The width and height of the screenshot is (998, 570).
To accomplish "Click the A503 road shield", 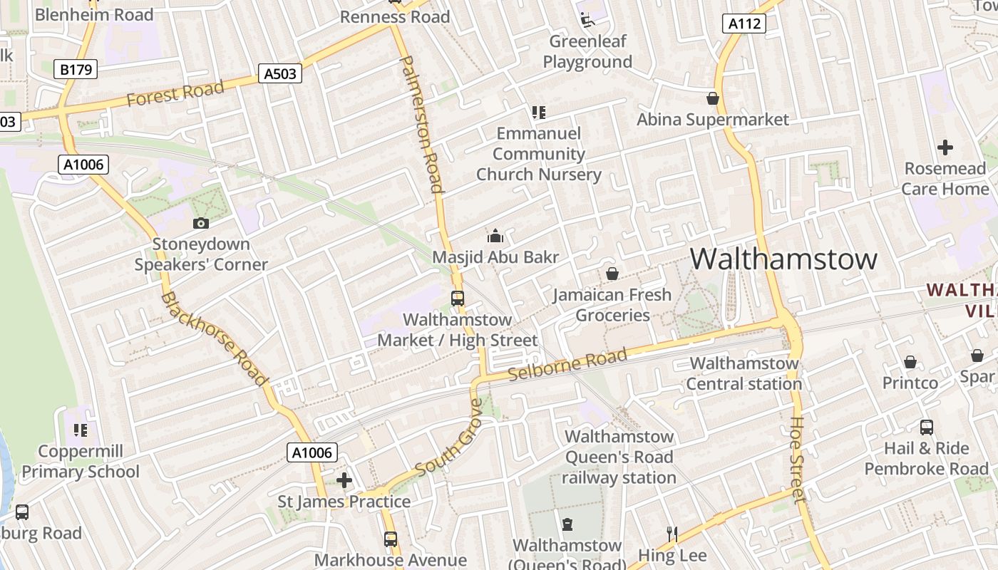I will click(279, 73).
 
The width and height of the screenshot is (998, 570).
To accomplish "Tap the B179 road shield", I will click(76, 69).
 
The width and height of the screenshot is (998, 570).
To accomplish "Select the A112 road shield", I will click(744, 24).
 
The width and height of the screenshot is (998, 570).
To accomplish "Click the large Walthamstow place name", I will click(783, 258).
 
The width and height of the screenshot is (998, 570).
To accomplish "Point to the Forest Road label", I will click(175, 93).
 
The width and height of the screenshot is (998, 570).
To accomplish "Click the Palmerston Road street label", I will click(423, 125).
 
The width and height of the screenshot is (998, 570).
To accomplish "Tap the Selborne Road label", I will click(568, 365).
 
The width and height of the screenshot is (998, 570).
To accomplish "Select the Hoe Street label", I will click(798, 460).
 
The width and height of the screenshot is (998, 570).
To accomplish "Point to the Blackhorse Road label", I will click(215, 338).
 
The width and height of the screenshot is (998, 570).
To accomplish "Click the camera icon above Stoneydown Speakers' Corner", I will click(201, 223).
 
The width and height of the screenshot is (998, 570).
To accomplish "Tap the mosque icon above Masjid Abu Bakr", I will click(495, 236).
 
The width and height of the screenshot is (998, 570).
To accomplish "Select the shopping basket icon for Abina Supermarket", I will click(712, 98).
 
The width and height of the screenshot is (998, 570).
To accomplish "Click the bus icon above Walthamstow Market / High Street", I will click(458, 299).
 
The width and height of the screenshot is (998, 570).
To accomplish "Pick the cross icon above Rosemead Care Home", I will click(945, 147).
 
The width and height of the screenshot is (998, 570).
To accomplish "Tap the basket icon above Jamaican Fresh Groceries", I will click(612, 274).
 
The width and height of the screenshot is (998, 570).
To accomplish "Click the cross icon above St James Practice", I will click(344, 480).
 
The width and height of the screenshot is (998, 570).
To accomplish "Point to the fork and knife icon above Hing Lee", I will click(672, 534).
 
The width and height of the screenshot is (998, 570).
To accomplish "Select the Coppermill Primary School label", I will click(81, 461).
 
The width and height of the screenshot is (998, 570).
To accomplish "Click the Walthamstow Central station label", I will click(744, 373).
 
